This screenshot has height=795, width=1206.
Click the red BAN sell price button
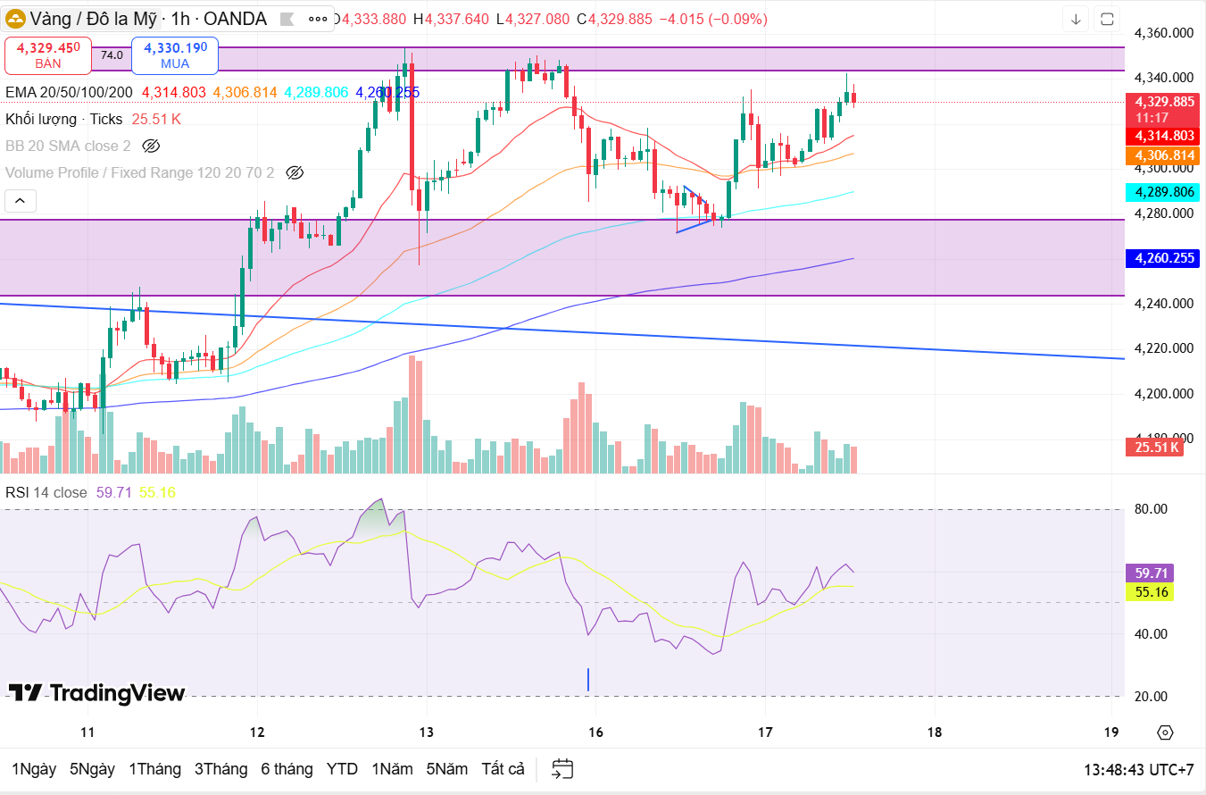(48, 54)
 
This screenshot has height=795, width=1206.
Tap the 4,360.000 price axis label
(1163, 33)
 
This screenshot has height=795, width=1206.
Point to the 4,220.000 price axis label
(1163, 348)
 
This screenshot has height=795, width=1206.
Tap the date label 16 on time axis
(596, 732)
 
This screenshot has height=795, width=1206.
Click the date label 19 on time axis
(1110, 732)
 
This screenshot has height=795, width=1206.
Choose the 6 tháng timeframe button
(287, 769)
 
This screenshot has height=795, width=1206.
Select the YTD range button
(342, 769)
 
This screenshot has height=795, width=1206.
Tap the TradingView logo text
(97, 693)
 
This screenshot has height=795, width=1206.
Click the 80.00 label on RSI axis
(1151, 509)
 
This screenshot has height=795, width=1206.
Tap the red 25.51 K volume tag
(1156, 447)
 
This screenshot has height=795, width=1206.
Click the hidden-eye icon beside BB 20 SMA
(151, 146)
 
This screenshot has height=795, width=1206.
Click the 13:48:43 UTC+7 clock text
(1138, 769)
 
